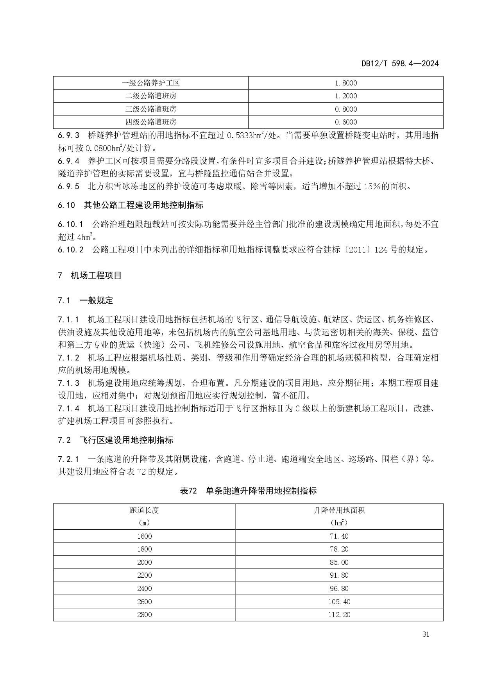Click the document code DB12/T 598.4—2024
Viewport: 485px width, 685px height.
pyautogui.click(x=400, y=64)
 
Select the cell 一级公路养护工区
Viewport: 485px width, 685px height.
pyautogui.click(x=150, y=83)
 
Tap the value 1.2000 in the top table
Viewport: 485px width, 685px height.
pyautogui.click(x=346, y=96)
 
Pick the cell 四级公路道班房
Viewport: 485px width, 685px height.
pyautogui.click(x=150, y=122)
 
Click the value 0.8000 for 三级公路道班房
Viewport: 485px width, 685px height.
pyautogui.click(x=346, y=109)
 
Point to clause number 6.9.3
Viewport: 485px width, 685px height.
pyautogui.click(x=68, y=135)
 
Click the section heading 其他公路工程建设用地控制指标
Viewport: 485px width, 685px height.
pyautogui.click(x=143, y=205)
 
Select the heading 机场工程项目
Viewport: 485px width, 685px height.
pyautogui.click(x=96, y=276)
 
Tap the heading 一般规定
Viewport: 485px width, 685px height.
pyautogui.click(x=96, y=301)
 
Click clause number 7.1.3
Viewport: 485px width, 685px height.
pyautogui.click(x=68, y=383)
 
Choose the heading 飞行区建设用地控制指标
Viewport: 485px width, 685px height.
pyautogui.click(x=126, y=440)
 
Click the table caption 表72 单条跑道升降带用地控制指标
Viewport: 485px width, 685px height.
pyautogui.click(x=248, y=491)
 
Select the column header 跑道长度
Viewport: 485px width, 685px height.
pyautogui.click(x=144, y=510)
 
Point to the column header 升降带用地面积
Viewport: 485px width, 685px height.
pyautogui.click(x=339, y=510)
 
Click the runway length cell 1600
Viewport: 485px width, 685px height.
pyautogui.click(x=144, y=536)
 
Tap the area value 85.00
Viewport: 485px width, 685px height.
pyautogui.click(x=339, y=562)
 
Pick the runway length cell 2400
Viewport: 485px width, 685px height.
pyautogui.click(x=144, y=589)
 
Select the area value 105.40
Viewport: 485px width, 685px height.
pyautogui.click(x=339, y=602)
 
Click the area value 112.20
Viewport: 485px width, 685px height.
pyautogui.click(x=339, y=615)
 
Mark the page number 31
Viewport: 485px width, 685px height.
pyautogui.click(x=426, y=634)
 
